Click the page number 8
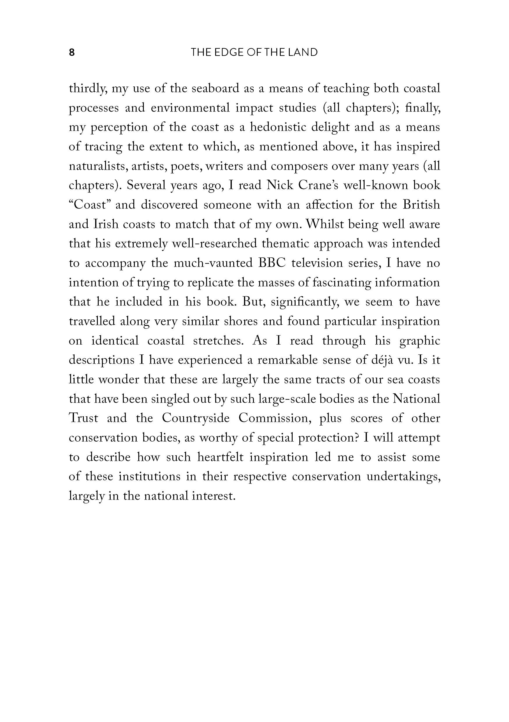(x=72, y=52)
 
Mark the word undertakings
(x=403, y=477)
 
